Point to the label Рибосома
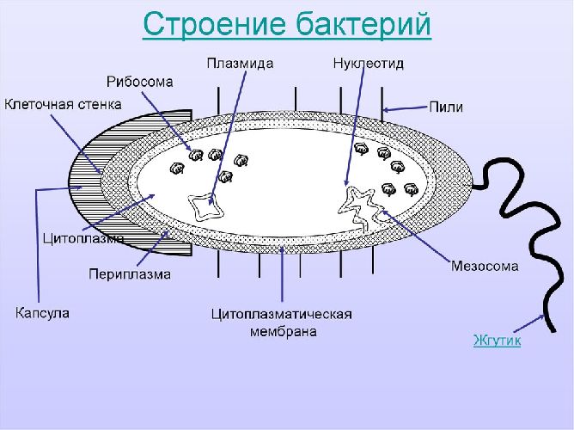[140, 82]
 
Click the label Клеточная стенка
[64, 104]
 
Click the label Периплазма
[130, 274]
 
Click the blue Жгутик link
[497, 341]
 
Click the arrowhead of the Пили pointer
[387, 108]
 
